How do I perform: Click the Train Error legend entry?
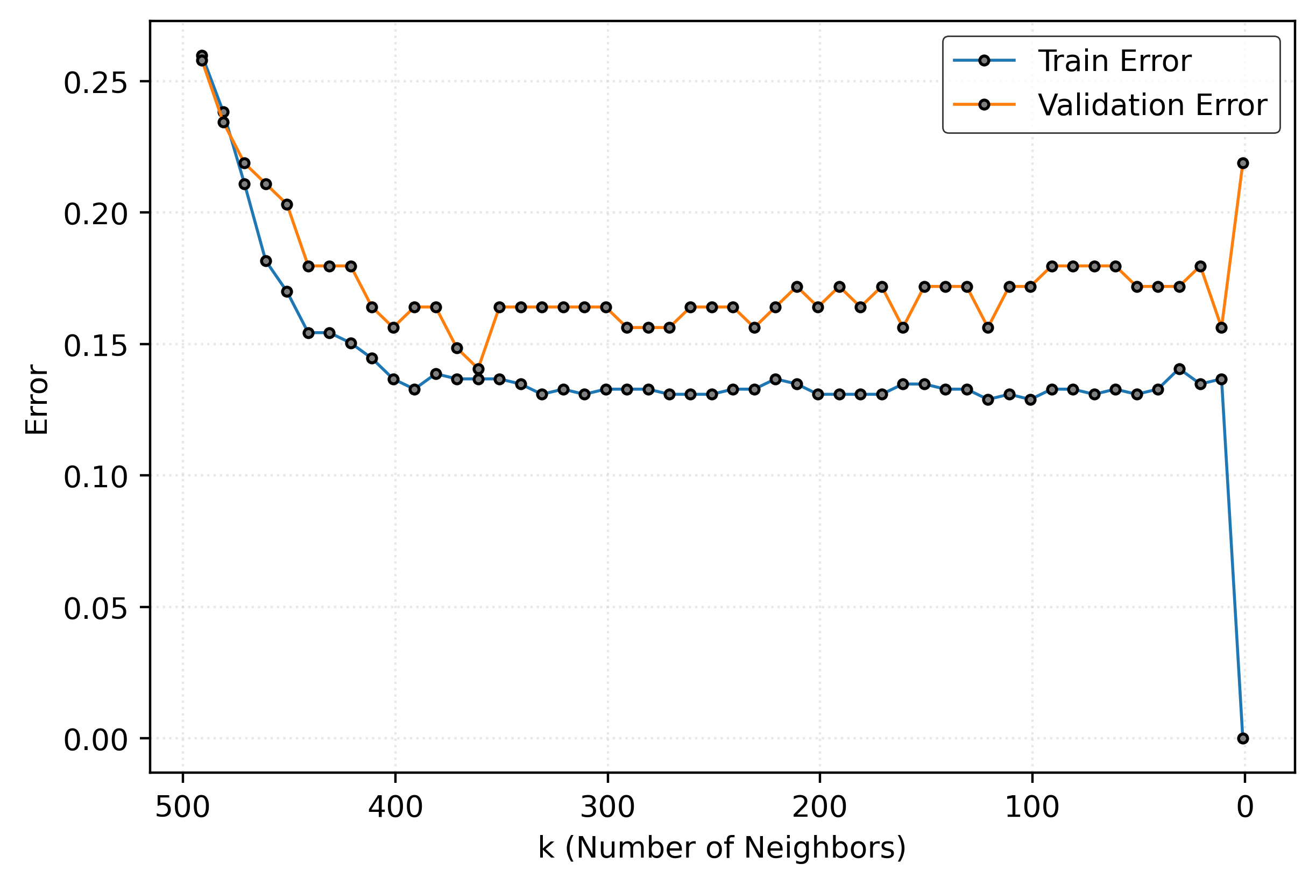pos(1114,61)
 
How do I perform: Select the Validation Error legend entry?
pos(1152,105)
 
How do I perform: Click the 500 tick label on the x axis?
pos(182,808)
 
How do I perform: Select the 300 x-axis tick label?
pos(607,808)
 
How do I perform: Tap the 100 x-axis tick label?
pos(1032,808)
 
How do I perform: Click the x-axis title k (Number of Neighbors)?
pos(722,848)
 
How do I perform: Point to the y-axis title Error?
pos(37,399)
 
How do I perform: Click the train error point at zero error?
pos(1243,738)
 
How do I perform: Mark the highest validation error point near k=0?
pos(1243,163)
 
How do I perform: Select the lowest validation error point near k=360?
pos(478,369)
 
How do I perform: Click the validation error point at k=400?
pos(394,328)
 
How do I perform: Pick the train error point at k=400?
pos(394,379)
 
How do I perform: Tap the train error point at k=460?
pos(266,261)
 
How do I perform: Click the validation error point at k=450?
pos(287,204)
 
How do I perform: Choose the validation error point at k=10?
pos(1222,328)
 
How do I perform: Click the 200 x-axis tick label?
pos(819,808)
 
